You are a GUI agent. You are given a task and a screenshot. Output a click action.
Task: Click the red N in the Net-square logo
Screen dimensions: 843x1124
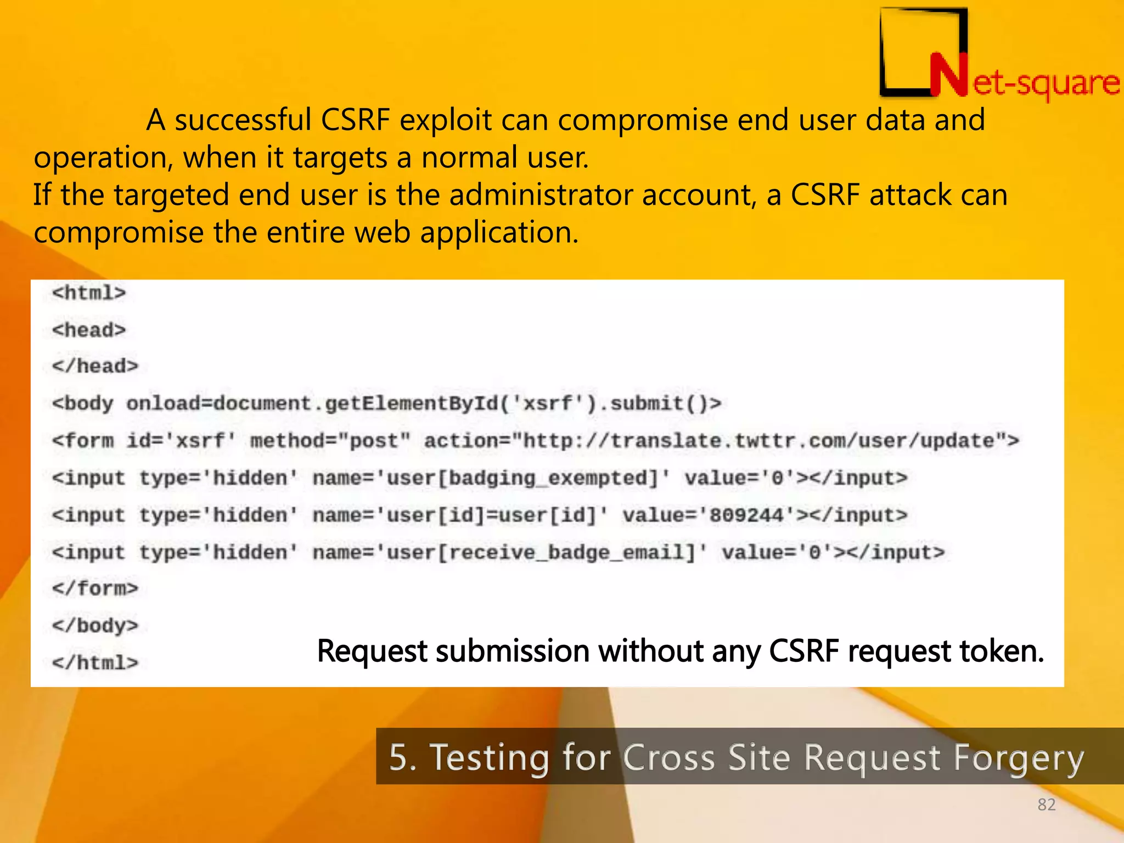(x=948, y=76)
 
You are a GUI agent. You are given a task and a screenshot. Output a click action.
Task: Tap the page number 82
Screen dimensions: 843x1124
(x=1046, y=805)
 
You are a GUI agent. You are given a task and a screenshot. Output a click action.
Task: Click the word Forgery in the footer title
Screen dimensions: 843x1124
(x=1019, y=758)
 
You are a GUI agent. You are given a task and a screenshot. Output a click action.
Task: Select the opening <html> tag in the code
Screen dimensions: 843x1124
(x=89, y=293)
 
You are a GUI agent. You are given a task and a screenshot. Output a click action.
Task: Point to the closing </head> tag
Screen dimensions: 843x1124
(x=95, y=366)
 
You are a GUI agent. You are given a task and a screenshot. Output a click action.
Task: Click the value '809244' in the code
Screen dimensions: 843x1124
(x=746, y=515)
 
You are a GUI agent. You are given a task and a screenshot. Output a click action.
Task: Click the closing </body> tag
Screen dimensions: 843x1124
(x=95, y=626)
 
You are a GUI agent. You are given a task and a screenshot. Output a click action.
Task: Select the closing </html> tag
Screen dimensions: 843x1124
(x=95, y=663)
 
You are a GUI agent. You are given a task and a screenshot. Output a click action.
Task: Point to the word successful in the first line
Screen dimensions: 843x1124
(x=243, y=120)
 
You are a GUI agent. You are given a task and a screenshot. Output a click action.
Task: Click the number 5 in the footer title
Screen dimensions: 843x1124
(x=399, y=758)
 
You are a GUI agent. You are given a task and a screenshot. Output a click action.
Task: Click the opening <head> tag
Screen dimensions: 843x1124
(x=89, y=330)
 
